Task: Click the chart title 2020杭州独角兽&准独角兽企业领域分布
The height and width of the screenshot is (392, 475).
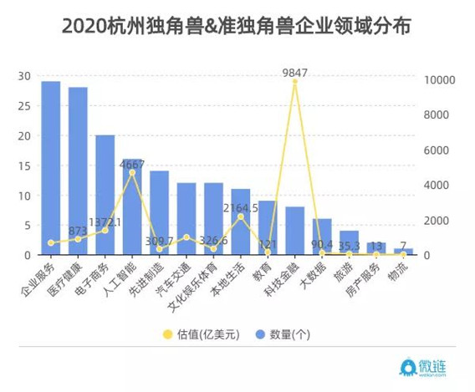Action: coord(238,26)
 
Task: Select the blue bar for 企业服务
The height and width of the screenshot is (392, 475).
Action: coord(51,167)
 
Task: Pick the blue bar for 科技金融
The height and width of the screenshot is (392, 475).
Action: coord(295,230)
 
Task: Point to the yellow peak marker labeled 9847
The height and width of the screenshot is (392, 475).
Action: coord(295,82)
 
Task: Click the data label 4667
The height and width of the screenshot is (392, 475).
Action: coord(132,165)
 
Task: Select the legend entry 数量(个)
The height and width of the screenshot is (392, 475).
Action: coord(284,333)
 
